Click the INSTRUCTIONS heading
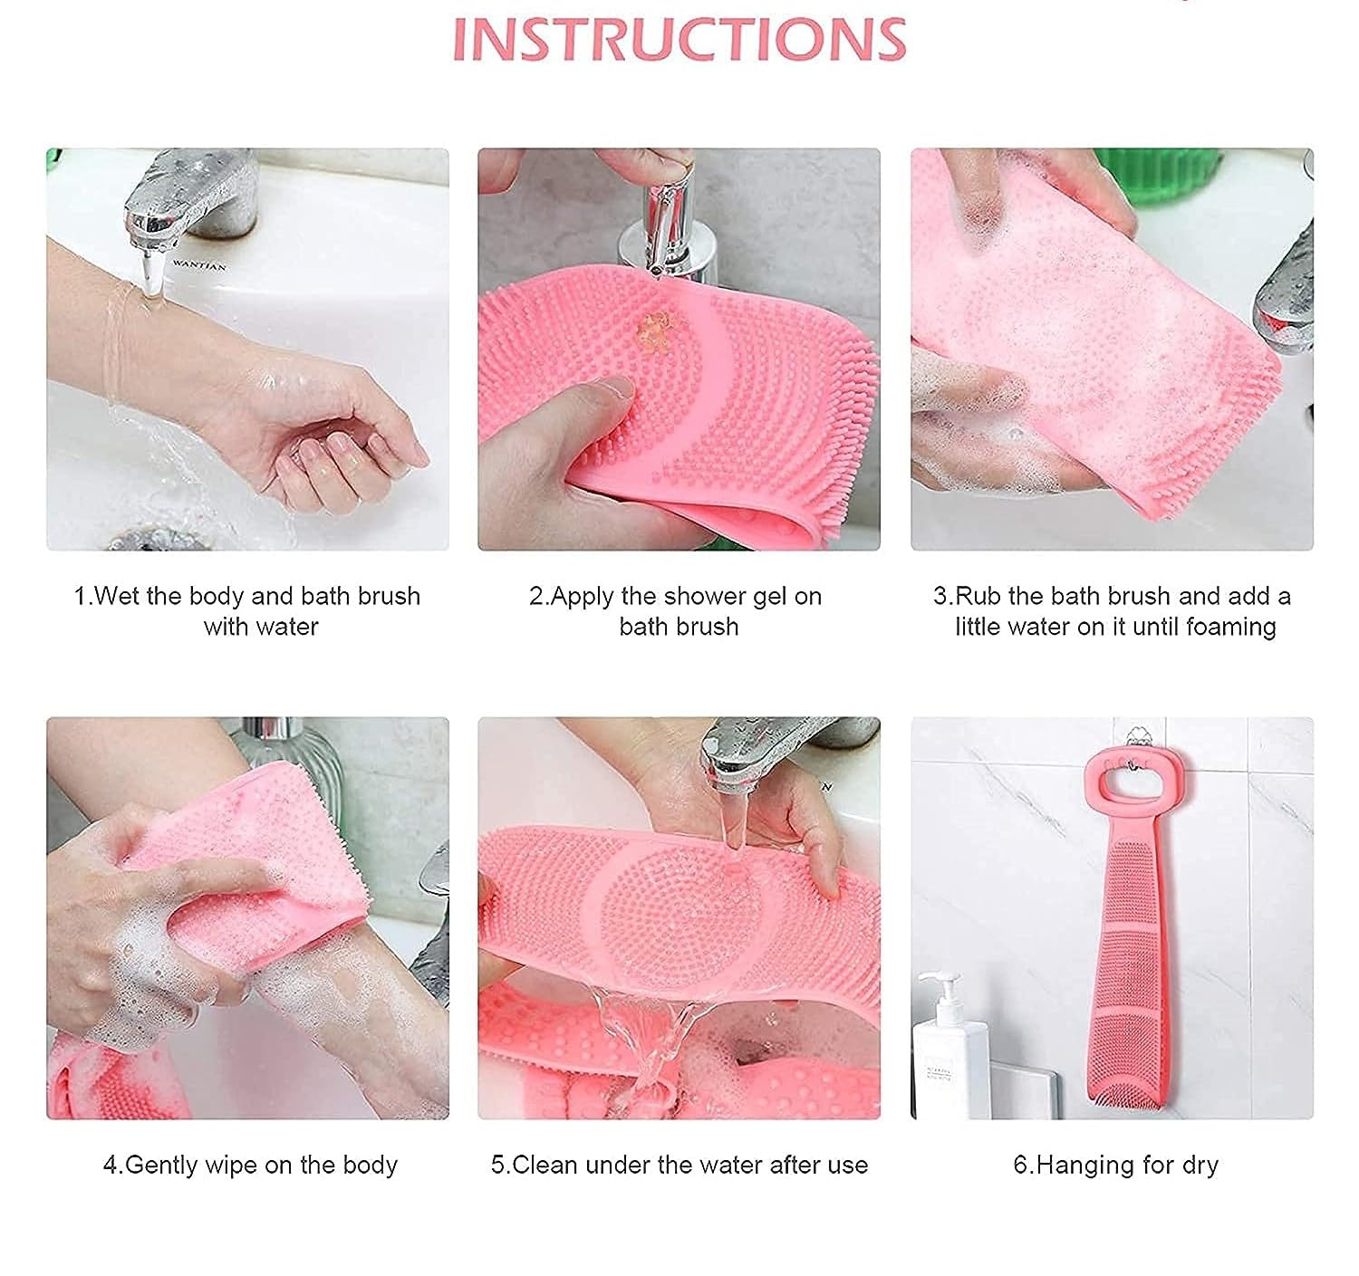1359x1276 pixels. pyautogui.click(x=679, y=40)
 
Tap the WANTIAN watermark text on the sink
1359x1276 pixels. pyautogui.click(x=199, y=264)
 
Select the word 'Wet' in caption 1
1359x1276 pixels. pyautogui.click(x=119, y=597)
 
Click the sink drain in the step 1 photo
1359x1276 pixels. pyautogui.click(x=154, y=539)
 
